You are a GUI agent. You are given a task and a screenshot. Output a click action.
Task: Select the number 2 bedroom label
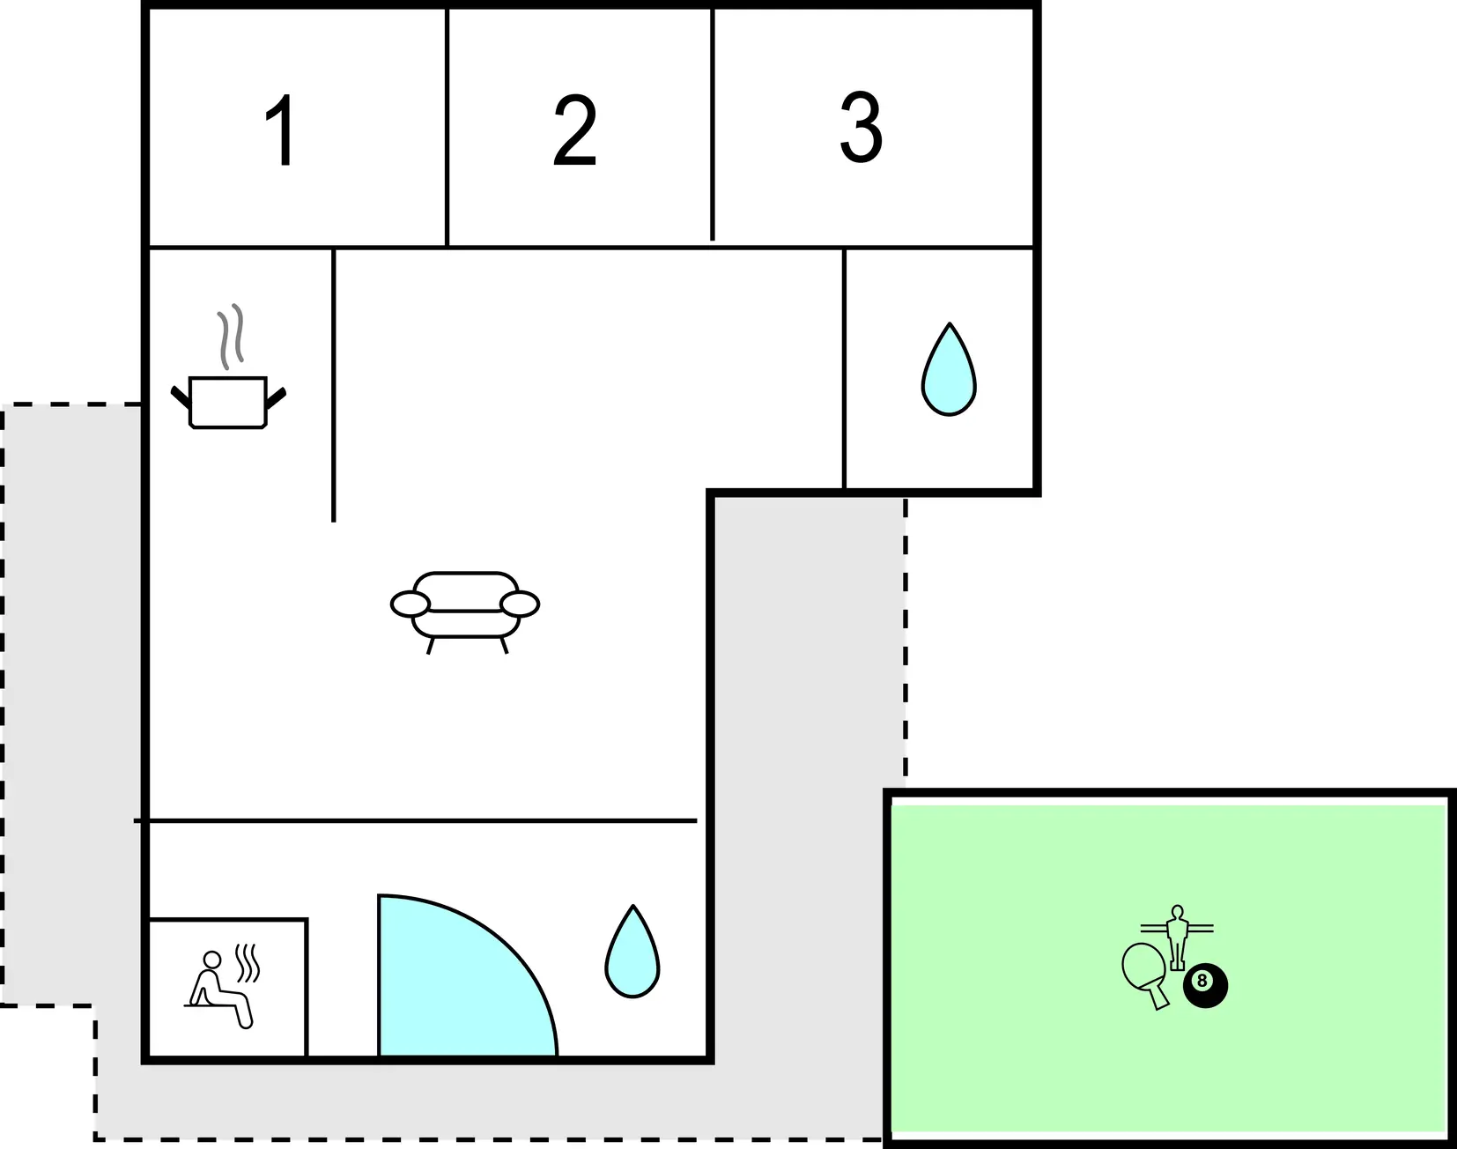(575, 130)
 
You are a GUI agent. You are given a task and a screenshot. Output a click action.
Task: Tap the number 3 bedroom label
(861, 128)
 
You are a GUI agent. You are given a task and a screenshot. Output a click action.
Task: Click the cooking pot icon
(228, 403)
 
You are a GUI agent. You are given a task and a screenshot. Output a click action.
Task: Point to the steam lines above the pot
(231, 337)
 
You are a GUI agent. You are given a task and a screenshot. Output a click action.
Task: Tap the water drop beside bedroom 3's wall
(949, 370)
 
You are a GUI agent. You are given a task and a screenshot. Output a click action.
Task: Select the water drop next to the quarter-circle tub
(632, 952)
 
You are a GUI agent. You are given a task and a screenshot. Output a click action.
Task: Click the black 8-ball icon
(1204, 986)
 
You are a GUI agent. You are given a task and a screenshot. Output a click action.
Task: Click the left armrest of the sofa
(410, 604)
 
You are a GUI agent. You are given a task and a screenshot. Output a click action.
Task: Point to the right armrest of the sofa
(520, 604)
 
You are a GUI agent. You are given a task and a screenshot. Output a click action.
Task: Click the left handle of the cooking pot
(181, 397)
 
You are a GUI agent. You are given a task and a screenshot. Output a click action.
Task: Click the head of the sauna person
(212, 960)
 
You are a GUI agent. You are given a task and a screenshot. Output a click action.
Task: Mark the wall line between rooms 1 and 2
(447, 128)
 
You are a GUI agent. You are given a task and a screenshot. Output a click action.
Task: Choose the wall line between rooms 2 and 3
(713, 124)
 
